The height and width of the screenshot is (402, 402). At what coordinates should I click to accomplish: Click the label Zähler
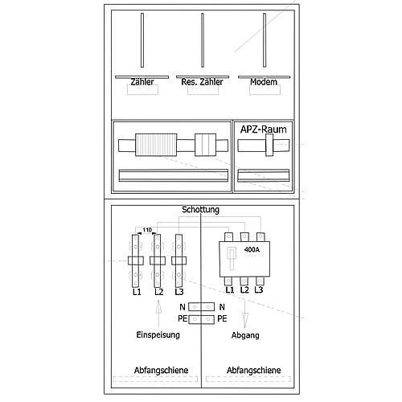[x=142, y=82]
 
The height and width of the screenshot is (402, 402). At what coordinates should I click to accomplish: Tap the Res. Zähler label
[x=202, y=82]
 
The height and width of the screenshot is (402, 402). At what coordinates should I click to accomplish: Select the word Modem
[x=264, y=82]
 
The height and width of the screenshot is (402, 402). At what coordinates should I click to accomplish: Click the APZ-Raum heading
[x=264, y=129]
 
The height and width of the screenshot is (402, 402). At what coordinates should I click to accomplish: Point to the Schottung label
[x=200, y=209]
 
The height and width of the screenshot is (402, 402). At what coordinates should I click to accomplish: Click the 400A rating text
[x=252, y=249]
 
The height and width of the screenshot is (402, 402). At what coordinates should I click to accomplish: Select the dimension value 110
[x=147, y=230]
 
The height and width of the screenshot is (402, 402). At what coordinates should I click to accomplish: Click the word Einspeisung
[x=158, y=334]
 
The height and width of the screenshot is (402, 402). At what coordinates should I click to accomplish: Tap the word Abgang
[x=245, y=335]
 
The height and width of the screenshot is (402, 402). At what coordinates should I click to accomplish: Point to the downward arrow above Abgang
[x=244, y=314]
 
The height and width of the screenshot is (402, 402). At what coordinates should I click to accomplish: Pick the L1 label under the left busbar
[x=137, y=292]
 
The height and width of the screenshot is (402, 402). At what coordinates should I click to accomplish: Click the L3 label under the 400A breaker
[x=259, y=289]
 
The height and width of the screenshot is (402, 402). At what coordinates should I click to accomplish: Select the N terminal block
[x=201, y=307]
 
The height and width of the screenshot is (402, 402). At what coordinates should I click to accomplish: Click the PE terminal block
[x=201, y=319]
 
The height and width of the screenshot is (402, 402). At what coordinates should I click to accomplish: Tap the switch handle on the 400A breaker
[x=232, y=258]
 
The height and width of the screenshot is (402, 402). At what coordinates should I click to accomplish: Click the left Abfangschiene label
[x=161, y=370]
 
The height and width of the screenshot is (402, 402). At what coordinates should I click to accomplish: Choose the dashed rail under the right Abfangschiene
[x=248, y=379]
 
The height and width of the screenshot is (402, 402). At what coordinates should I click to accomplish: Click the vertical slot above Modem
[x=265, y=40]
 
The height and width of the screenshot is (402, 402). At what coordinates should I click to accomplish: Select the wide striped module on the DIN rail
[x=156, y=145]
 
